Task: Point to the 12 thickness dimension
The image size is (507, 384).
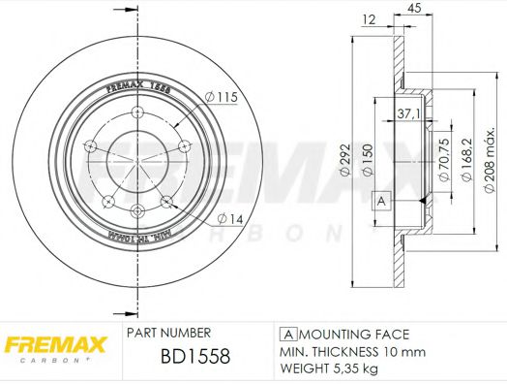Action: point(368,20)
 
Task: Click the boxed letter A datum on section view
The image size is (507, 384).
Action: point(380,201)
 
